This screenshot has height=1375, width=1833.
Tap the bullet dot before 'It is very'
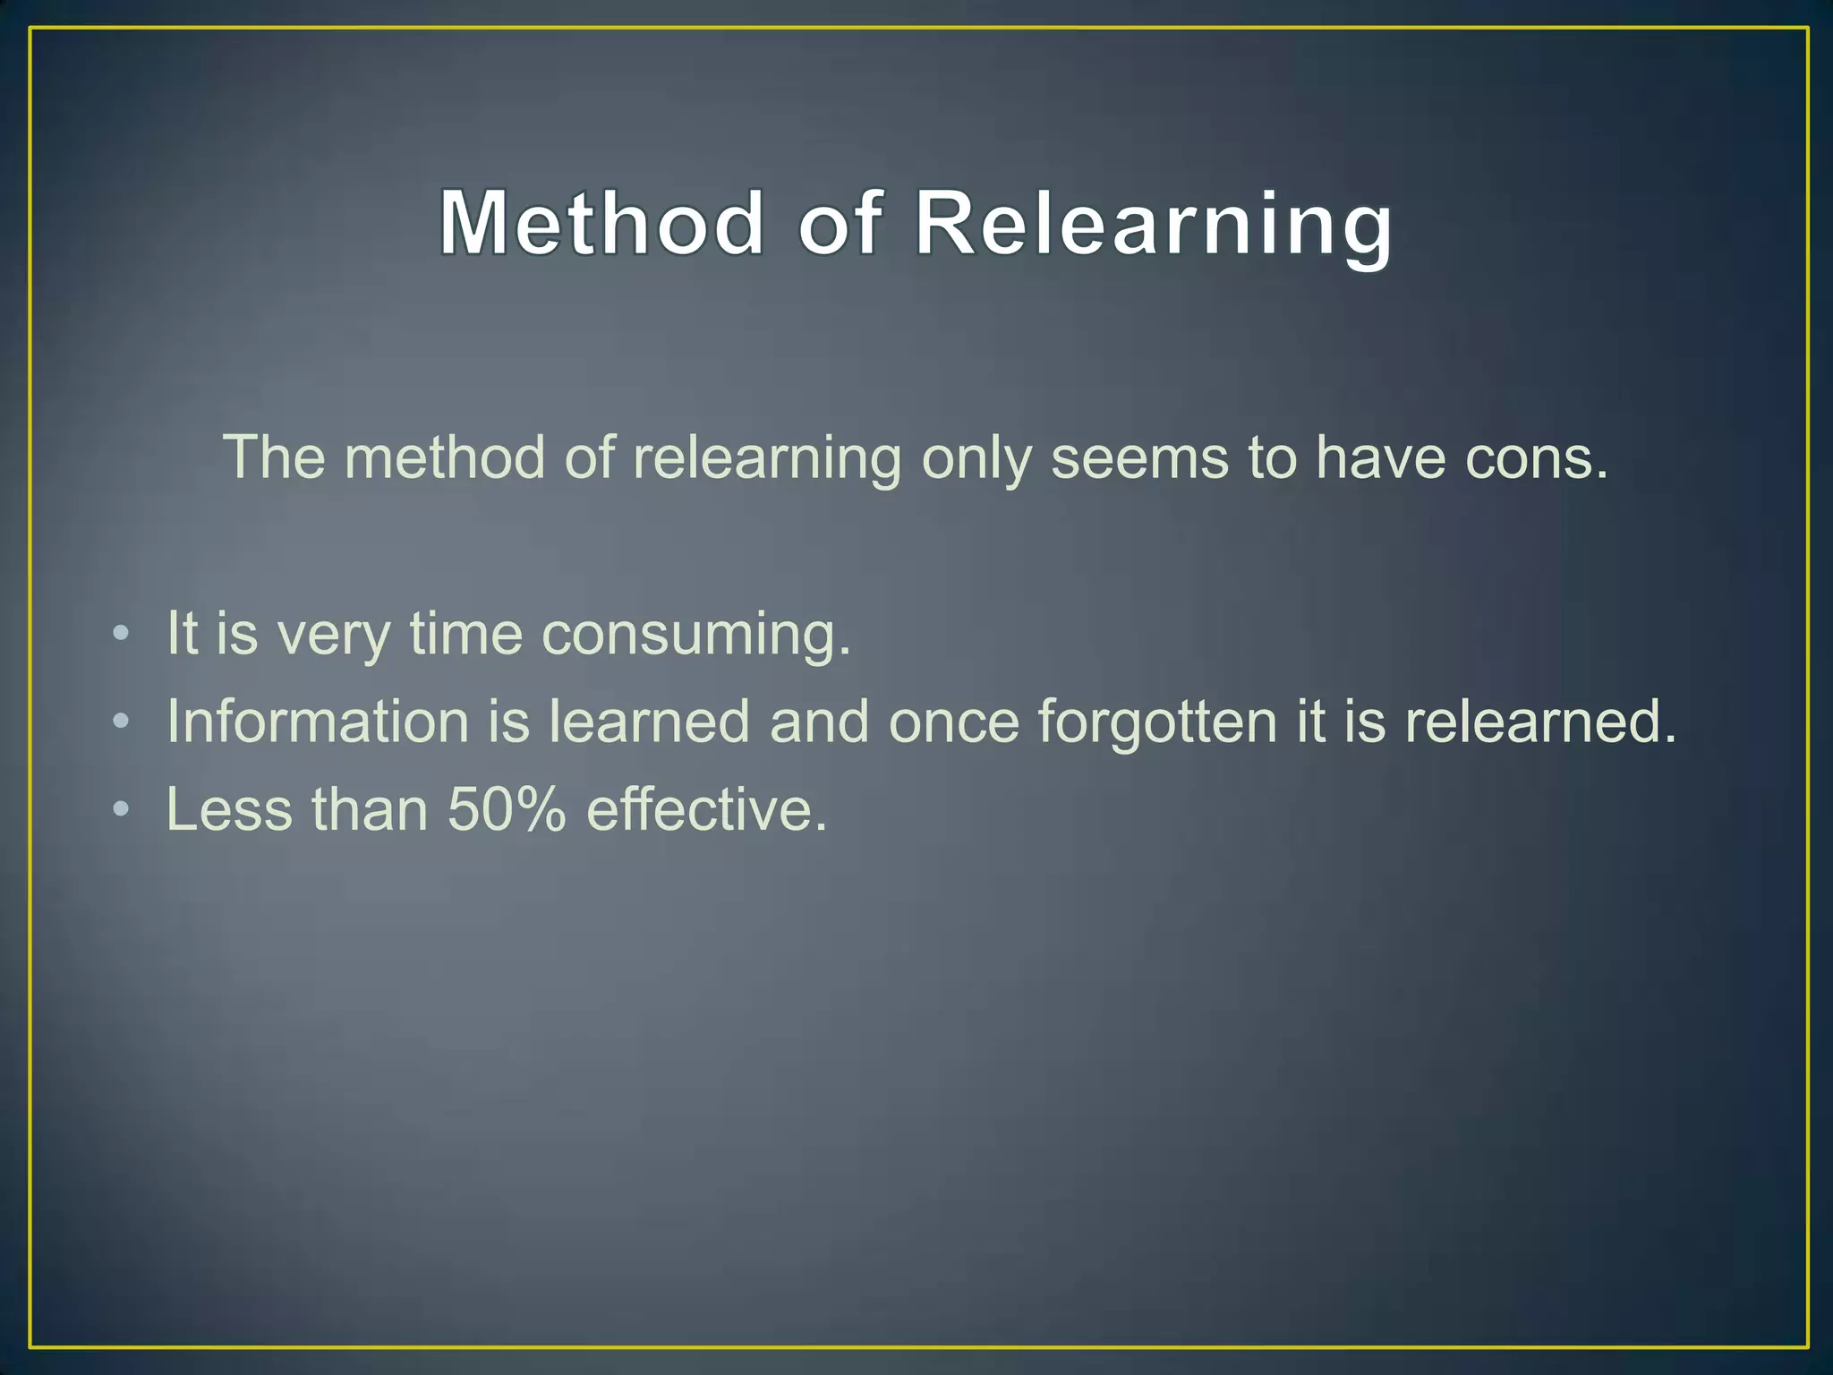(x=122, y=635)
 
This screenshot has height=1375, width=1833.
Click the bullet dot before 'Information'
(x=122, y=722)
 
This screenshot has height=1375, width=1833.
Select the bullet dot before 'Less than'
(x=122, y=809)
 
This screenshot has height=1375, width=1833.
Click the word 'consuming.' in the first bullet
(x=696, y=635)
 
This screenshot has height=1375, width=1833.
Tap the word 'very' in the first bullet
(x=334, y=635)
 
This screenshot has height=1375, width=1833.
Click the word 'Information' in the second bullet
(x=318, y=722)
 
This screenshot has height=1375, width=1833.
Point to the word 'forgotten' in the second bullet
(x=1156, y=722)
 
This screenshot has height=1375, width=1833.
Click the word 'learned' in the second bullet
(x=649, y=722)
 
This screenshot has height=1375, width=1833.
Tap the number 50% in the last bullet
(x=507, y=809)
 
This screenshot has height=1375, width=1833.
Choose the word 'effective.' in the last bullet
(x=707, y=809)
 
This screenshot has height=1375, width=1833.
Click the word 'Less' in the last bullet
(x=229, y=809)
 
